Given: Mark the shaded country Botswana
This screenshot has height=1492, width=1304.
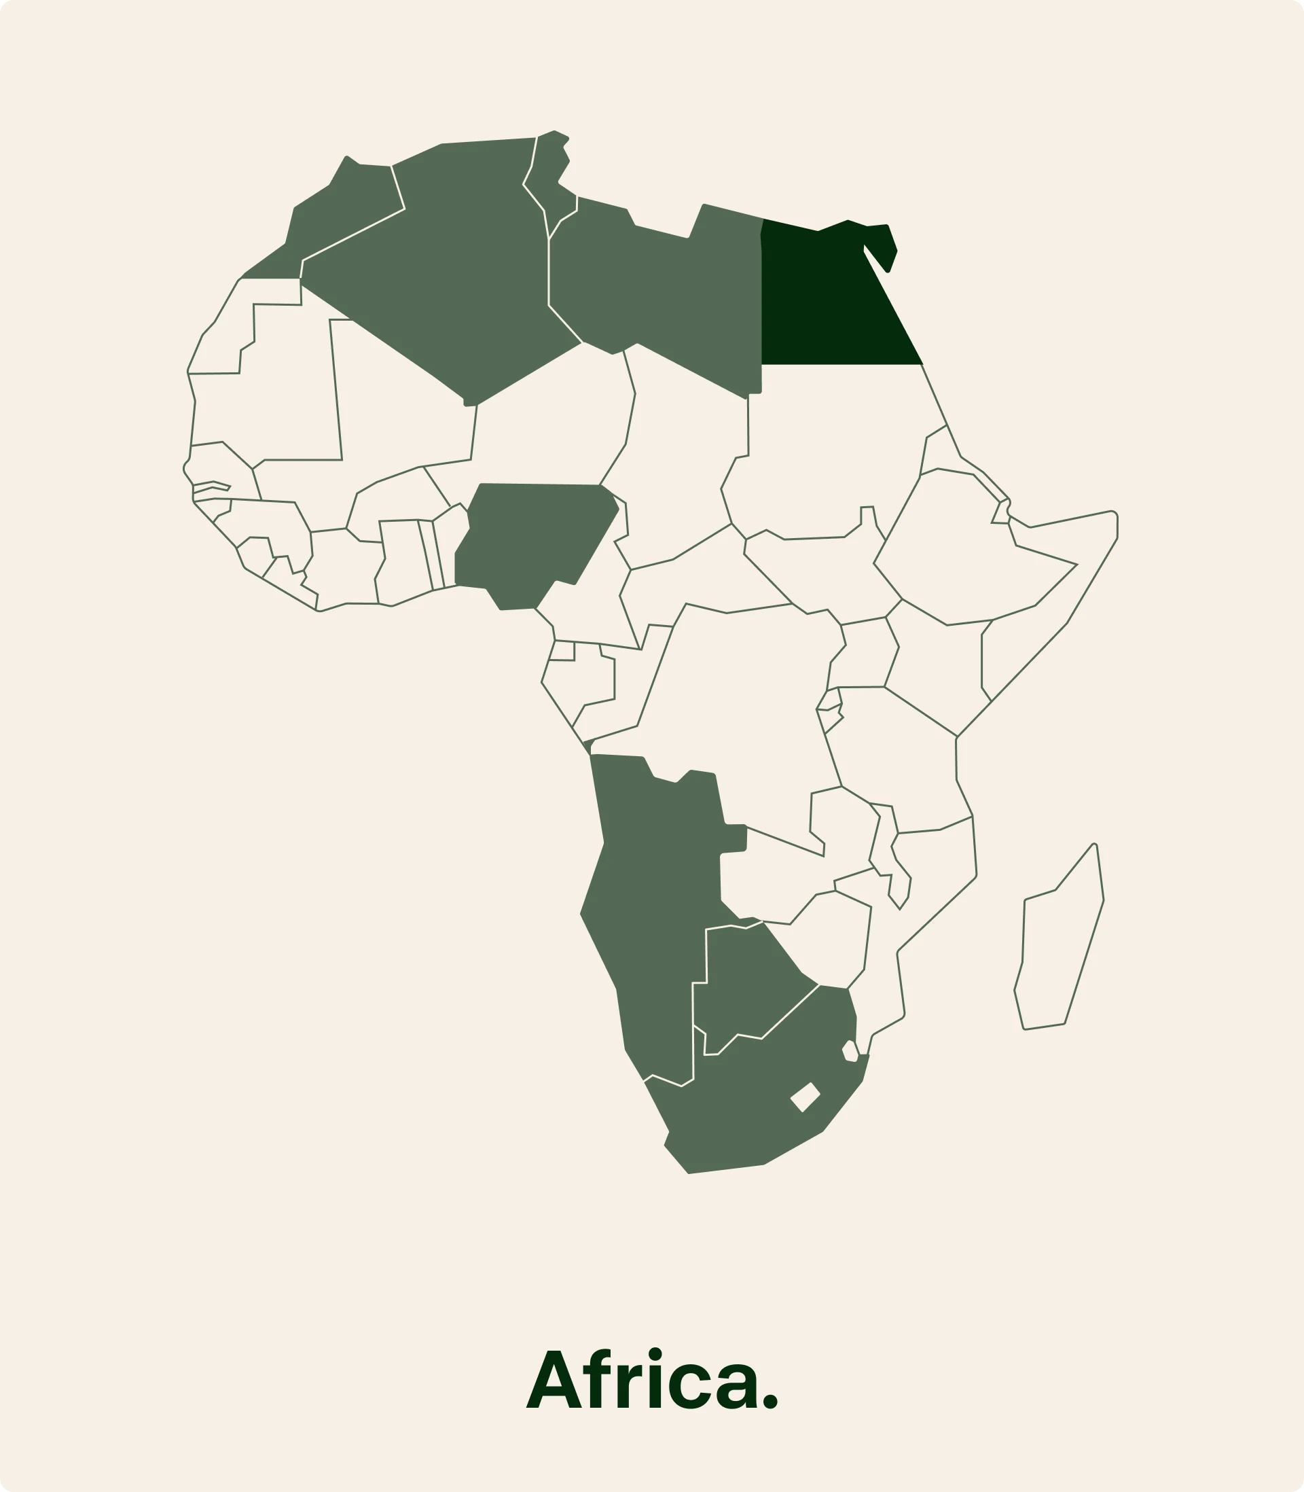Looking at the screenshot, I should pyautogui.click(x=750, y=982).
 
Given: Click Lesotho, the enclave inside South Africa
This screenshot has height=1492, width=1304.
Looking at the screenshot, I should pyautogui.click(x=805, y=1097).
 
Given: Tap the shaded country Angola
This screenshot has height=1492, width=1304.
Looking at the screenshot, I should pyautogui.click(x=655, y=845).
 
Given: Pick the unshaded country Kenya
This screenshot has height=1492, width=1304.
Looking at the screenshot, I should pyautogui.click(x=939, y=670).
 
